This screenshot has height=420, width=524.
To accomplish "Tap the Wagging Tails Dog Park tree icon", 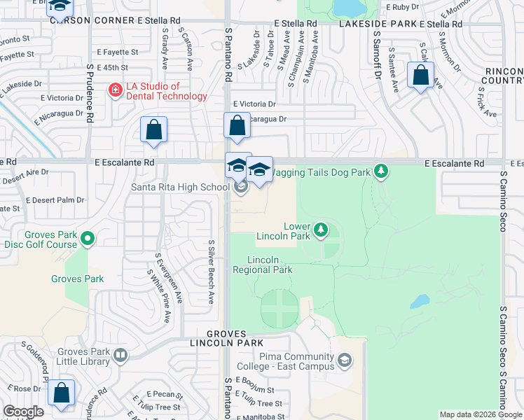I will click(380, 170).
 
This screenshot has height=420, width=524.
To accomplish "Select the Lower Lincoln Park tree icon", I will click(320, 229).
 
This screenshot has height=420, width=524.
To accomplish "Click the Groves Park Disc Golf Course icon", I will click(88, 239).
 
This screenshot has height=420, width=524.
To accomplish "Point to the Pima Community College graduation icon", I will click(345, 360).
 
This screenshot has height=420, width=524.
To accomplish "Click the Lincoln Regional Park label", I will click(262, 265).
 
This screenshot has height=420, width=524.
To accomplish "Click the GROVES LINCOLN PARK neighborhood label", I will click(226, 338).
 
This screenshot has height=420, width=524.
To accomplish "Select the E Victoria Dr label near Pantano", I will click(254, 103).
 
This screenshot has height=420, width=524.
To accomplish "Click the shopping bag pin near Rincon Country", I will click(420, 76).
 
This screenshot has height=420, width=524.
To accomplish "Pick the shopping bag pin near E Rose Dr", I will click(61, 393).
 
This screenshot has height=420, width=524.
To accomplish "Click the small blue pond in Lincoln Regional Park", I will click(420, 301).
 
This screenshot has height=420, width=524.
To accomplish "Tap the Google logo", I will click(23, 412).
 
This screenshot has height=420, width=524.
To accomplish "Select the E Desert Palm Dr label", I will click(55, 199).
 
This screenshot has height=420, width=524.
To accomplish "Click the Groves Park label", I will click(77, 279).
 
